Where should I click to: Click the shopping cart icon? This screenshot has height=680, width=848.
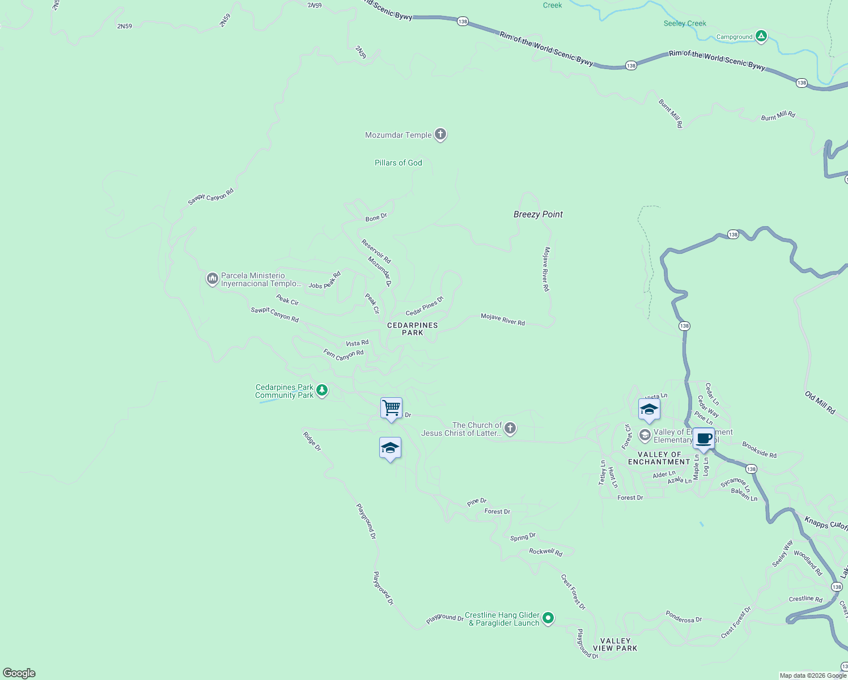(391, 408)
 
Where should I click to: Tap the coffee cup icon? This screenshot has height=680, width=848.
(703, 439)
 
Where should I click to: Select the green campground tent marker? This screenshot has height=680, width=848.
(761, 37)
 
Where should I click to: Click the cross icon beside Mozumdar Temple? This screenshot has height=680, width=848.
(440, 135)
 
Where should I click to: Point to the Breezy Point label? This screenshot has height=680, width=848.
(538, 214)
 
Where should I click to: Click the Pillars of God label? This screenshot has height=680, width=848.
(398, 163)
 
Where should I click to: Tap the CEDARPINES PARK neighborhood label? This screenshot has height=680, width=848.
(412, 329)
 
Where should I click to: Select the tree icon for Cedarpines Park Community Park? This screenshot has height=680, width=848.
(322, 390)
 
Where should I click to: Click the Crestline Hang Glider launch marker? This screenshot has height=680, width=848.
(548, 618)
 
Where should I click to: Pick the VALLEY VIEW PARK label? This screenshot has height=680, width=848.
(615, 644)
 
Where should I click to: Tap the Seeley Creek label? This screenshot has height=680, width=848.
(685, 24)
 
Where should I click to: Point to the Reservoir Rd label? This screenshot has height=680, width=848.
(376, 252)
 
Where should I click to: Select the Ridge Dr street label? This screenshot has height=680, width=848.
(312, 441)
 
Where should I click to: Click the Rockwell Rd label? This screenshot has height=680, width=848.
(545, 552)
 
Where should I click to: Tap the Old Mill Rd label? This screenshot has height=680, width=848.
(820, 402)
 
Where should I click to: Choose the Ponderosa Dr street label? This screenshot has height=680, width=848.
(684, 617)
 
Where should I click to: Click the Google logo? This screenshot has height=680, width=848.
(19, 673)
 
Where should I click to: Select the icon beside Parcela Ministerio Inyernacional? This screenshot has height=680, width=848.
(212, 279)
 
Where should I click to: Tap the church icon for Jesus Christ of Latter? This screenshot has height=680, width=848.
(510, 428)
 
